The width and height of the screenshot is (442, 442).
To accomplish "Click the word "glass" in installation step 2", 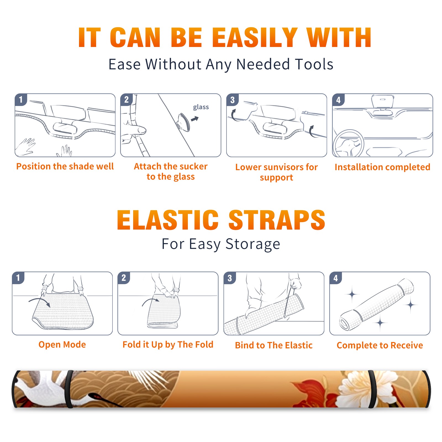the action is point(201,107).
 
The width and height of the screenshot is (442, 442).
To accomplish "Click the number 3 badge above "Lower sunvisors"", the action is point(232,100).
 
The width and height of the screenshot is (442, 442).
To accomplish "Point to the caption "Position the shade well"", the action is point(65,166).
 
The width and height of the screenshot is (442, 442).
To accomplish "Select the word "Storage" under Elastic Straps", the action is point(253,244).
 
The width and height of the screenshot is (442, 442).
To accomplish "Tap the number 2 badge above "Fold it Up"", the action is point(124,278).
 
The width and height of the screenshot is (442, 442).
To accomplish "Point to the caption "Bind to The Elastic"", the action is point(274,345).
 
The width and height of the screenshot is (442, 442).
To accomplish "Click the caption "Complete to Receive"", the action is point(380,345).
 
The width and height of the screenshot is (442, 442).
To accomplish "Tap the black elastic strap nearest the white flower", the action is point(372,389).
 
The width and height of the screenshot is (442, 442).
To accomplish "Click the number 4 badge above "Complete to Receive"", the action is point(336,278).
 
